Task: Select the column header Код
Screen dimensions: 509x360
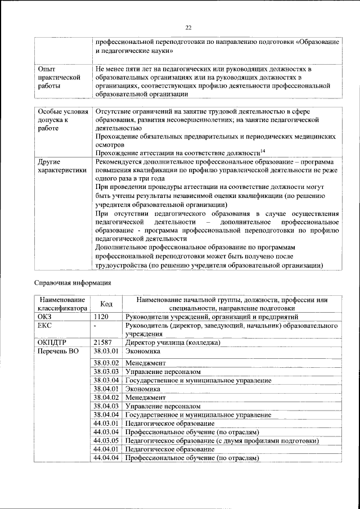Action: (x=106, y=304)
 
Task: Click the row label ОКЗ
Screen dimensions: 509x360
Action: (x=45, y=317)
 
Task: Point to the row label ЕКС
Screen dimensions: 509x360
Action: (x=44, y=326)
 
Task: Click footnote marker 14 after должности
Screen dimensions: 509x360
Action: (x=262, y=150)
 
